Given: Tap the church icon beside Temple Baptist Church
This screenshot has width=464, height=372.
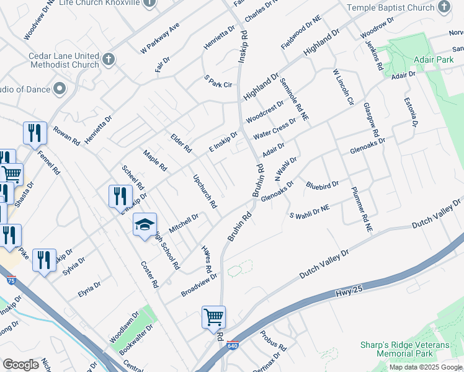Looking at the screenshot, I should coord(444,7).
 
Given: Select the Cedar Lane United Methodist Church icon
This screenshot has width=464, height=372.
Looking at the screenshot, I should coord(109,60).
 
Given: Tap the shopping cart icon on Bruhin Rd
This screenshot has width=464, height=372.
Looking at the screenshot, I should coord(213,317).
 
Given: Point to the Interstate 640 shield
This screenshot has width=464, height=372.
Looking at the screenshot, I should coord(232,345).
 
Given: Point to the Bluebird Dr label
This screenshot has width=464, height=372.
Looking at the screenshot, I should coord(323,185).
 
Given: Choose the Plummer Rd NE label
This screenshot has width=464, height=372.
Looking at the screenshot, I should coord(360,210).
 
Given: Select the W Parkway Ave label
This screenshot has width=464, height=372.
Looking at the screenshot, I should coord(160,38).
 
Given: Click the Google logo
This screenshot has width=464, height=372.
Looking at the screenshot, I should coord(21,365).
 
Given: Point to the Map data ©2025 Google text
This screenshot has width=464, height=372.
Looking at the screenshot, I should coord(426,367).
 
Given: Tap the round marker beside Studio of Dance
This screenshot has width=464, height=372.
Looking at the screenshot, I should coord(60,89).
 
